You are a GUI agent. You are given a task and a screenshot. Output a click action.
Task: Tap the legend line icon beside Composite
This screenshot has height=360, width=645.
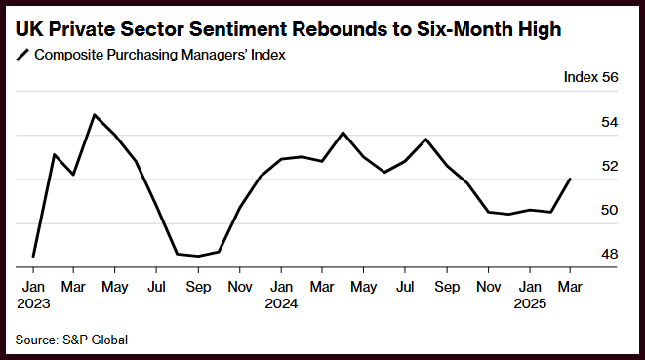[x=23, y=55]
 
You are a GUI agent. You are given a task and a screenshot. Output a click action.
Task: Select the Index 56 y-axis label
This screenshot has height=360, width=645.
[x=590, y=77]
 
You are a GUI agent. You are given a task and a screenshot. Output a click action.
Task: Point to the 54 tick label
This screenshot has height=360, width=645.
[x=609, y=122]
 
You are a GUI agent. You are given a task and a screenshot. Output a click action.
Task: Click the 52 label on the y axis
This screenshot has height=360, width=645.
[x=609, y=166]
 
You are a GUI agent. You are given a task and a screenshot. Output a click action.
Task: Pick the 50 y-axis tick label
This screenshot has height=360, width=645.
[x=609, y=210]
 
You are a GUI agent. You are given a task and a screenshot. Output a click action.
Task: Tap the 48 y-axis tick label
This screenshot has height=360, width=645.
[x=609, y=255]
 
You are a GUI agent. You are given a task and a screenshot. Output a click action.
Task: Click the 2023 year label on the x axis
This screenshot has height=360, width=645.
[x=33, y=303]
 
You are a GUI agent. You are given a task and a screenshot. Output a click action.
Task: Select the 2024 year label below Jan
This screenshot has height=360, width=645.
[x=281, y=303]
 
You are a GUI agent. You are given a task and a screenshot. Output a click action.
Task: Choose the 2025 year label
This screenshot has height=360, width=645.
[x=530, y=303]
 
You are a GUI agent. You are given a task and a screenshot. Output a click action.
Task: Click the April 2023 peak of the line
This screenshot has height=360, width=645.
[x=95, y=115]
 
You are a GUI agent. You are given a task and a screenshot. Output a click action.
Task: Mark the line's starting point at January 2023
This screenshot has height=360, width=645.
[x=33, y=257]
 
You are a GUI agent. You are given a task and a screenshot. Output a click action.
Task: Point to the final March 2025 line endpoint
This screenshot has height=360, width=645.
[x=570, y=179]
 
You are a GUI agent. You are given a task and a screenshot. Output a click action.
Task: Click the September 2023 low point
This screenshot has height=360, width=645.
[x=198, y=257]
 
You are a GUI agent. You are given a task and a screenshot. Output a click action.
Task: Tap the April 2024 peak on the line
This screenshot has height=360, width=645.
[x=343, y=133]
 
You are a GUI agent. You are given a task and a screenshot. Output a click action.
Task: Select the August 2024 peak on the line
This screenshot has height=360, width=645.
[x=426, y=140]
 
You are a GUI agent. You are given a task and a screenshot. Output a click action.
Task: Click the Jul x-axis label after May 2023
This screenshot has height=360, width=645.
[x=156, y=287]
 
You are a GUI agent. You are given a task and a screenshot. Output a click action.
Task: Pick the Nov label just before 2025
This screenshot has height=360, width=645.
[x=488, y=287]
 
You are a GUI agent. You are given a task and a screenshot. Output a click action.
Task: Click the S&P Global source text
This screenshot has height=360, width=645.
[x=95, y=340]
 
